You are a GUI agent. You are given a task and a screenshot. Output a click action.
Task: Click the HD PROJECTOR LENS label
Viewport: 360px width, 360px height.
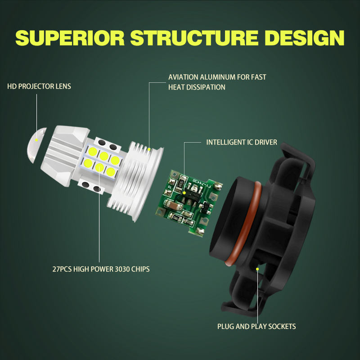tap(39, 86)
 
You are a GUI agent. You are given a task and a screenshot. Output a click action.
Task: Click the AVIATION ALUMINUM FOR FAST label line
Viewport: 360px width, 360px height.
tap(217, 77)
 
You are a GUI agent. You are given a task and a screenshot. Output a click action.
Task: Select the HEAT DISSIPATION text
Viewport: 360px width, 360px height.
tap(197, 87)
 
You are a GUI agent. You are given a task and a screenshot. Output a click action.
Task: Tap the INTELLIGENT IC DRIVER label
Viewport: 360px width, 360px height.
tap(242, 142)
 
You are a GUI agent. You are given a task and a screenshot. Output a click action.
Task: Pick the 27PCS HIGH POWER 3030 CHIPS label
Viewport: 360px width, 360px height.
tap(101, 269)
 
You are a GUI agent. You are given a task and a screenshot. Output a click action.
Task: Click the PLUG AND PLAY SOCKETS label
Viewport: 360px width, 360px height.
tap(256, 326)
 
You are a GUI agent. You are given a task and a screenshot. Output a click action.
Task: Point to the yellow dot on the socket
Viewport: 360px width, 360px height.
tap(257, 269)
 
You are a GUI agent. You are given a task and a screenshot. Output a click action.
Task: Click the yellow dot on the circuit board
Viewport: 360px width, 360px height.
tap(184, 193)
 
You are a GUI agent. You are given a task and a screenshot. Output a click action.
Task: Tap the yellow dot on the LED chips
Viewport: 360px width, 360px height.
tap(99, 167)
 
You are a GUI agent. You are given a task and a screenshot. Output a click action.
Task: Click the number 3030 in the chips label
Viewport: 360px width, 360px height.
tap(121, 269)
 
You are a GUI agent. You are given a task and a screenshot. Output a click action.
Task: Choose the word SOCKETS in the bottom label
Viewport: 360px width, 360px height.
tap(281, 326)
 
